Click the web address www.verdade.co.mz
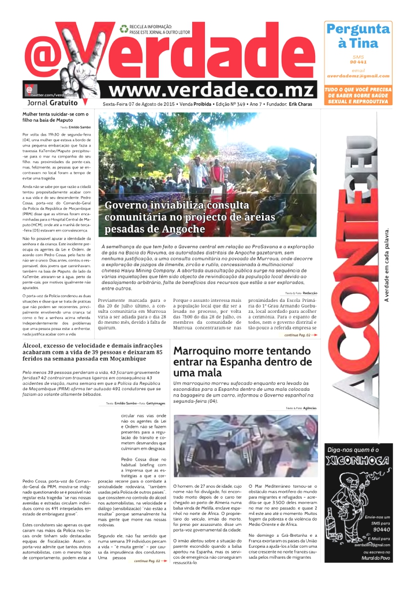click(211, 91)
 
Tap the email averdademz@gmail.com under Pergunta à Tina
click(358, 76)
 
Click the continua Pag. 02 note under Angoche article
click(301, 335)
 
